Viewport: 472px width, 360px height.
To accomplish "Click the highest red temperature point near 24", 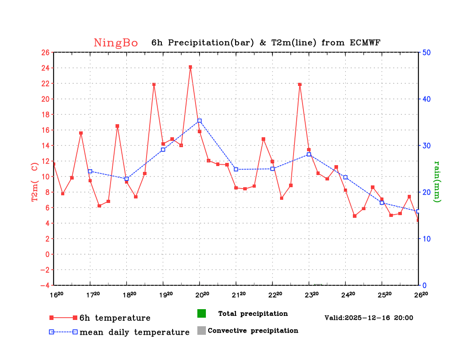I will (191, 67).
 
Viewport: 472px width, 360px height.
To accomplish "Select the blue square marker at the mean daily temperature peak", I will (200, 121).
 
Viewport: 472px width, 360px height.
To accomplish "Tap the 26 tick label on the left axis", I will (45, 52).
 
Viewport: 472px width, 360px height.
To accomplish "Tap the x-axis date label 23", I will (312, 295).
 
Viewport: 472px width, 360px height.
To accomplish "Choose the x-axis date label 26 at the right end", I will (421, 295).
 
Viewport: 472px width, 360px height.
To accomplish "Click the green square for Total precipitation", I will (201, 314).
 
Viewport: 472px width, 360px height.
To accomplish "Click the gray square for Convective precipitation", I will (201, 331).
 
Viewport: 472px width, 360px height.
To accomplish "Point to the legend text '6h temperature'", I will (115, 318).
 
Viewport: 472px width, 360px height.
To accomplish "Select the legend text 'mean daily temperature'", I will (134, 333).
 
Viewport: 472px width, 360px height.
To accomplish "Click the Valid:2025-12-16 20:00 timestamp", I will (369, 318).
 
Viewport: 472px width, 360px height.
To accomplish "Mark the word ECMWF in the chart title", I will (365, 43).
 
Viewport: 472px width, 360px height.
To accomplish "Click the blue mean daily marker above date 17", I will (90, 171).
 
